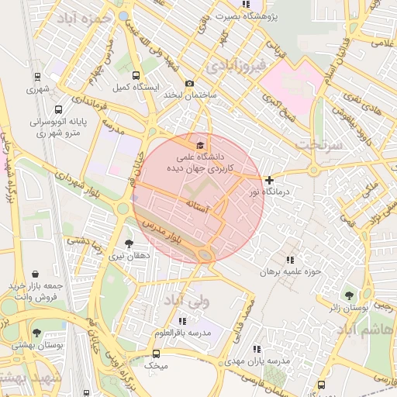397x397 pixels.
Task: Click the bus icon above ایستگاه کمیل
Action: pyautogui.click(x=136, y=76)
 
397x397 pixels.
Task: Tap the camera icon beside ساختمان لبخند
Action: pyautogui.click(x=190, y=84)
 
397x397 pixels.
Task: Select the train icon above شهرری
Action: pyautogui.click(x=36, y=77)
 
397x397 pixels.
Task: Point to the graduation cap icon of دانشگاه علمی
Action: pyautogui.click(x=200, y=144)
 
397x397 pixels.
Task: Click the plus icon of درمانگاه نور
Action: pyautogui.click(x=269, y=180)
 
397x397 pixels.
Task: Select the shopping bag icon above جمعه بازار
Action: pyautogui.click(x=36, y=274)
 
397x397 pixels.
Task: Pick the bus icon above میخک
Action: pyautogui.click(x=157, y=354)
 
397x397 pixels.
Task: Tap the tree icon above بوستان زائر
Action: pyautogui.click(x=350, y=295)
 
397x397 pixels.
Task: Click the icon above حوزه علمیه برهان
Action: pyautogui.click(x=290, y=260)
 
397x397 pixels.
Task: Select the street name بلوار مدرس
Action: pyautogui.click(x=161, y=231)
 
